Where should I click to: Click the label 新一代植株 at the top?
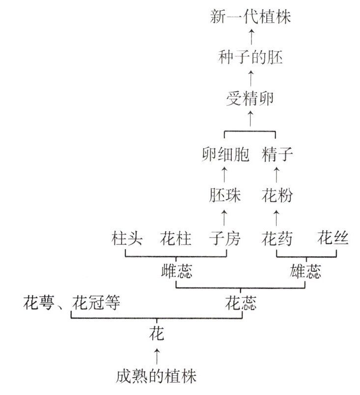[250, 18]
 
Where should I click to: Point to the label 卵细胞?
[225, 155]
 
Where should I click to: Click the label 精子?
[277, 155]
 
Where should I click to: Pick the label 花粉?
[277, 196]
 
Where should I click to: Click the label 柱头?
[127, 239]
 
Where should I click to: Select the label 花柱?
[176, 239]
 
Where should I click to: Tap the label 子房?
[225, 239]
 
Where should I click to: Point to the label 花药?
[277, 239]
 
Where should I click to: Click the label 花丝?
[333, 239]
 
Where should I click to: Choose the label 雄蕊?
[306, 271]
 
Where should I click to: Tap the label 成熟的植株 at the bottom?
[157, 377]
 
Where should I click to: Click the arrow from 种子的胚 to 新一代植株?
[251, 38]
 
